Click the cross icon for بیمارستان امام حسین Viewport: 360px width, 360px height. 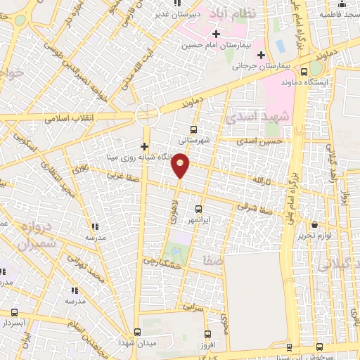tap(216, 34)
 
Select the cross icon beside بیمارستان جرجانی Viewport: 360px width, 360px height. tap(261, 55)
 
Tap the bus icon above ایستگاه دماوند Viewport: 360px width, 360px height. tap(304, 71)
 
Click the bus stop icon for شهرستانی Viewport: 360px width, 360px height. tap(194, 129)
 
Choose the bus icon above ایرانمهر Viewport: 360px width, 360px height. tap(198, 209)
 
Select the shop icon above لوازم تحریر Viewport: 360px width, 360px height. tap(314, 225)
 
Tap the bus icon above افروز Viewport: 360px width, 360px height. tap(207, 334)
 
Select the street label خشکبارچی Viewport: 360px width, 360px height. tap(163, 261)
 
